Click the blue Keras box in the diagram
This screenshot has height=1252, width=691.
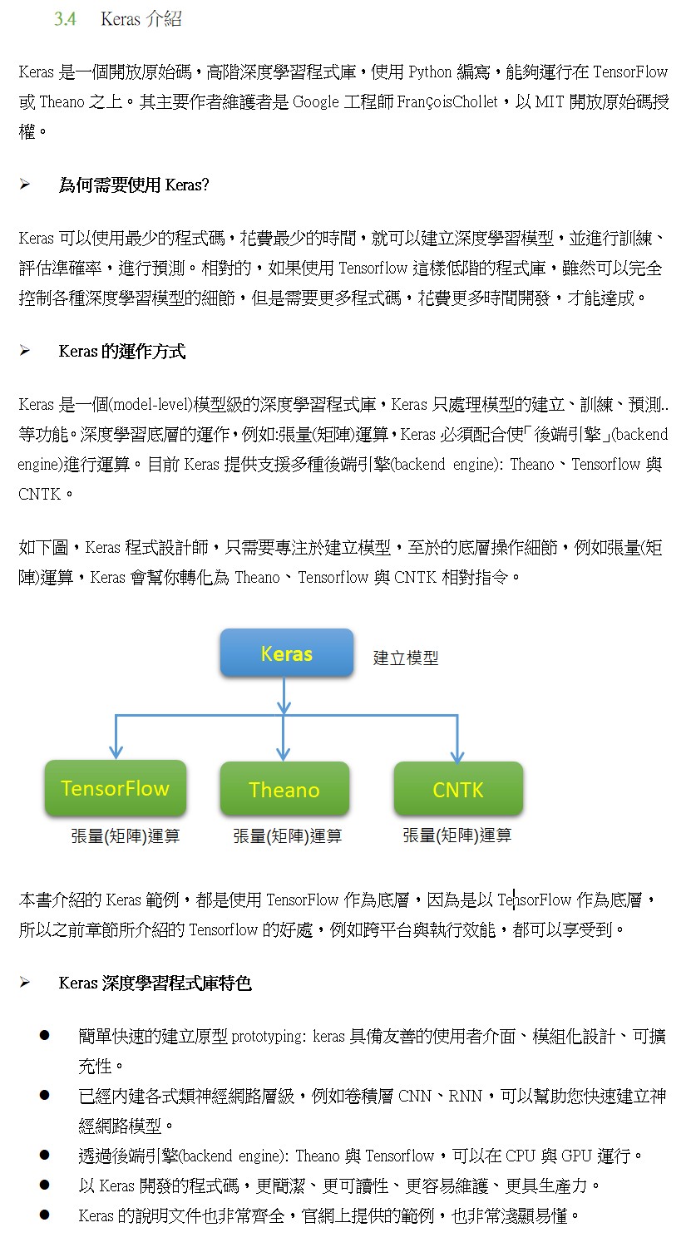coord(286,653)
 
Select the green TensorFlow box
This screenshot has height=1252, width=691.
coord(115,787)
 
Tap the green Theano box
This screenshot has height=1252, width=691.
coord(284,789)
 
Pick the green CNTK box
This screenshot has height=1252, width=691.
coord(458,789)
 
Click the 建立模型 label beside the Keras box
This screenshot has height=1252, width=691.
coord(406,658)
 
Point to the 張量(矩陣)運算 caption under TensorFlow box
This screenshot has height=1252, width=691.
coord(126,836)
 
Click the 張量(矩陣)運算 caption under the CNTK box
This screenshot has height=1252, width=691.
coord(457,835)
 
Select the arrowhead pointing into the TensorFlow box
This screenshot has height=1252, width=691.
coord(116,752)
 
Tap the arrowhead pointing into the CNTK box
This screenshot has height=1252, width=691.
coord(457,756)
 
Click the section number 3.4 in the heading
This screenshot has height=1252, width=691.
coord(66,19)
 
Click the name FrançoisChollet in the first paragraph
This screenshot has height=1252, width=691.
coord(447,101)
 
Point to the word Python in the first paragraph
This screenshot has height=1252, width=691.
coord(430,72)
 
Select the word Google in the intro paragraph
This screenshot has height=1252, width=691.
coord(316,101)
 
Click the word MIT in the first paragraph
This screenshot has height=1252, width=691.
coord(550,101)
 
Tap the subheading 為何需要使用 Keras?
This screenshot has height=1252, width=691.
coord(134,185)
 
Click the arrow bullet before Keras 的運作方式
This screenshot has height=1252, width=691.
coord(25,351)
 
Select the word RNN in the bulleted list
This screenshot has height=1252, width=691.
coord(465,1096)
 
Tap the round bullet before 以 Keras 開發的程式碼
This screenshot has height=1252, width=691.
coord(45,1184)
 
